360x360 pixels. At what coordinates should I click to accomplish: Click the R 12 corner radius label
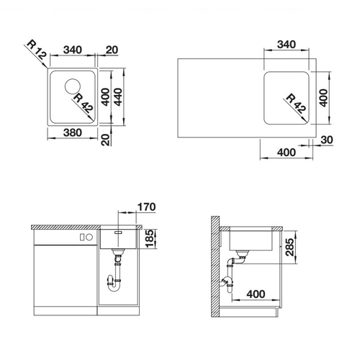point(36,50)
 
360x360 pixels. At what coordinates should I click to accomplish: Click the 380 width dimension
point(73,132)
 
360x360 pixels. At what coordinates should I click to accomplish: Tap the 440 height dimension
point(118,97)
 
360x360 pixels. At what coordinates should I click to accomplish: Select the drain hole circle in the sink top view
point(73,86)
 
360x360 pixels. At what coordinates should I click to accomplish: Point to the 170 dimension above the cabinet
point(146,207)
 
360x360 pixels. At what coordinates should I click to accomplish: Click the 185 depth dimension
point(149,239)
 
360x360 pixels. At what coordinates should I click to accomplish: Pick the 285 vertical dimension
point(289,247)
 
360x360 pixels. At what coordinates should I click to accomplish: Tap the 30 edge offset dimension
point(327,140)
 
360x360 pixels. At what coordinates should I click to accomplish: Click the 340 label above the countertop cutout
point(287,45)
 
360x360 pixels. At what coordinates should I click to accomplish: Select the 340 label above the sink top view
point(73,50)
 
